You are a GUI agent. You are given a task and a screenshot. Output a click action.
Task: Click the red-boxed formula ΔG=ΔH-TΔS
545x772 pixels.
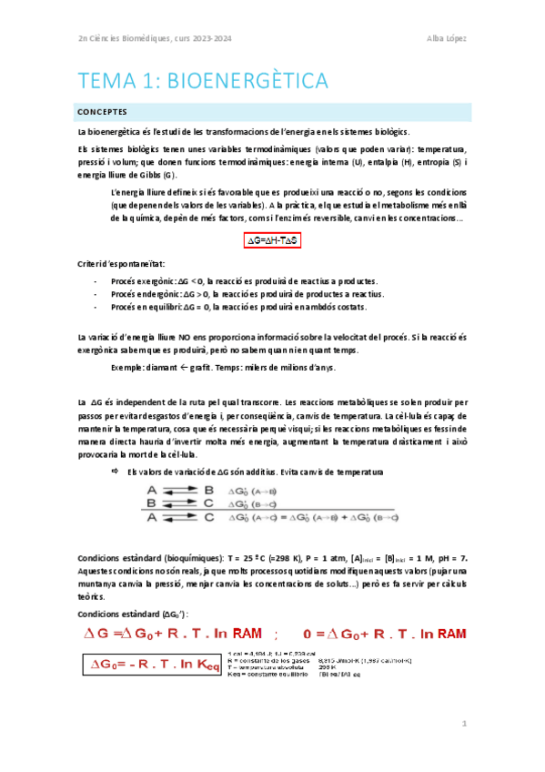(x=273, y=240)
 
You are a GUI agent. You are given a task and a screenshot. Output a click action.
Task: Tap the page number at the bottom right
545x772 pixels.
(x=463, y=724)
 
